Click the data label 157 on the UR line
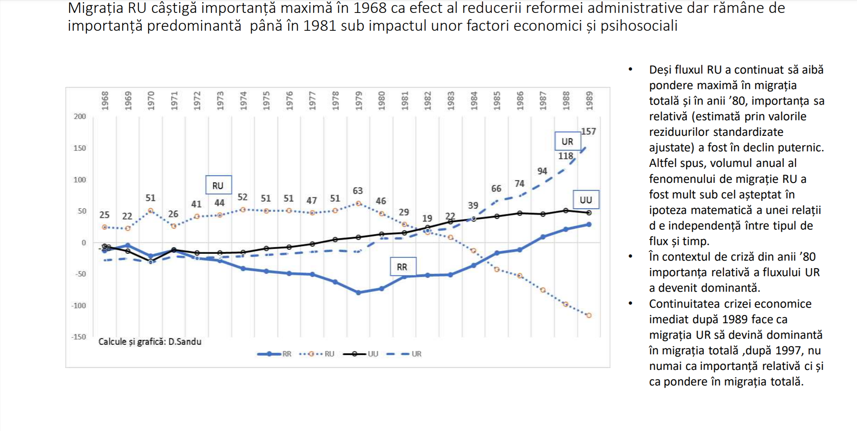588,132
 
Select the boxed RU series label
218,186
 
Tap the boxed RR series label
403,267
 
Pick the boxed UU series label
585,200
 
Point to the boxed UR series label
567,142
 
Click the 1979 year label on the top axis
359,101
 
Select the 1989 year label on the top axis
589,101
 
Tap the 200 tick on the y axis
80,116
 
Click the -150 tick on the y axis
79,337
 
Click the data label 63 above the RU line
358,191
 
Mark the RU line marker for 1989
589,315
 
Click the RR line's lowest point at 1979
359,293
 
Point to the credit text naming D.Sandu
150,342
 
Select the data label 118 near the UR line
565,156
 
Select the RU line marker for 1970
151,211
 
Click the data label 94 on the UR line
542,171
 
